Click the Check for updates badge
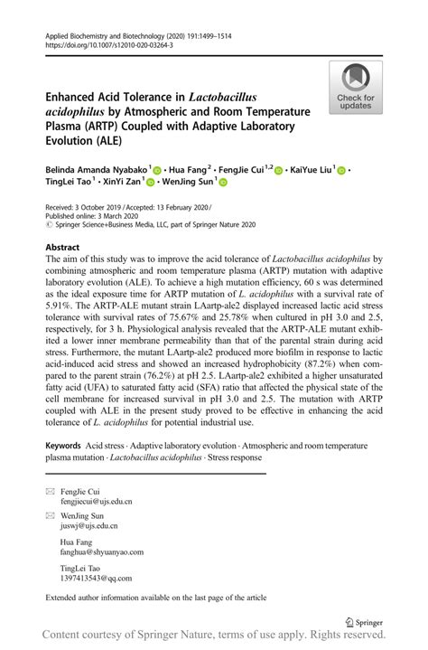[x=355, y=88]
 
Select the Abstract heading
[x=61, y=246]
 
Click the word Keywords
[x=63, y=447]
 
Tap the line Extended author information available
[x=156, y=597]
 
